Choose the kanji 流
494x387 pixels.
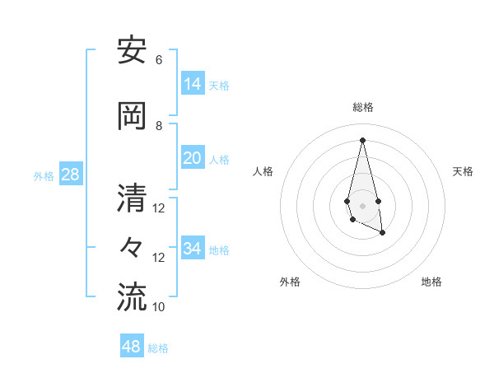click(x=132, y=297)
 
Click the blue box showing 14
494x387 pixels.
click(x=193, y=84)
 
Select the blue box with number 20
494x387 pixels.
click(x=193, y=158)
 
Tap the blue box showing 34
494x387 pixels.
click(x=193, y=249)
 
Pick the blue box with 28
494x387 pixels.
click(x=69, y=175)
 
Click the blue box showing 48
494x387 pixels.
click(x=132, y=347)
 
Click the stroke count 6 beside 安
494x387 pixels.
click(x=159, y=60)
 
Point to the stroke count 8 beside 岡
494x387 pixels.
click(x=159, y=126)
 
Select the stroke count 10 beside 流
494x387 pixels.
click(x=159, y=307)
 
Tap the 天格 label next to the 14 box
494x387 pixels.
click(x=219, y=86)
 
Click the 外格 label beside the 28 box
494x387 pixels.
click(x=44, y=176)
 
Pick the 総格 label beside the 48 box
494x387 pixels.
click(x=158, y=348)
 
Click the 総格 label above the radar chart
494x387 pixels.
click(x=363, y=107)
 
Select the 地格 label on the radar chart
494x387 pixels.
click(x=431, y=282)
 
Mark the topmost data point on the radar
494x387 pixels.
click(x=362, y=140)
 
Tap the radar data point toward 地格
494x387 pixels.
click(x=383, y=233)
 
